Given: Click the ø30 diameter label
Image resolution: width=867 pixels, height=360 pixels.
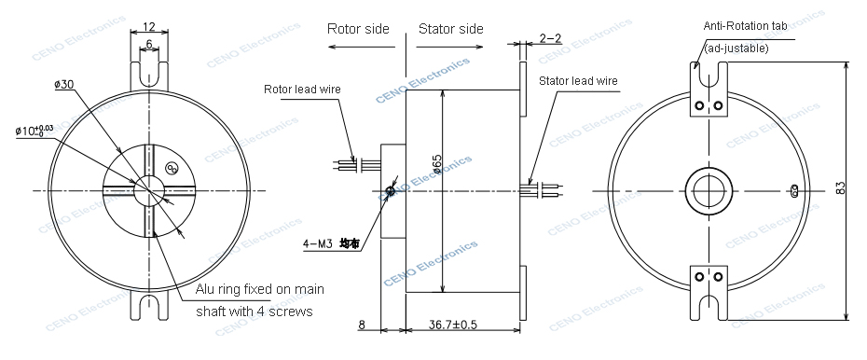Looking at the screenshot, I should coord(64,85).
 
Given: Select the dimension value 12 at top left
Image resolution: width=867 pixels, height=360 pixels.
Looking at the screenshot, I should coord(150,28).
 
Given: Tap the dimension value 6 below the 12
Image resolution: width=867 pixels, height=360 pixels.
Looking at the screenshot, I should coord(150,44).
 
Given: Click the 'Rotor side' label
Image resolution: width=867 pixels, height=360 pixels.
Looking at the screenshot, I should coord(358,29).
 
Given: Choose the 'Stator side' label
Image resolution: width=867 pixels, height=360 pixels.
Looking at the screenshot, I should coord(450,29).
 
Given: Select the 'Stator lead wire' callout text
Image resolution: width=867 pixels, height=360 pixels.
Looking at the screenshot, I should coord(578,81).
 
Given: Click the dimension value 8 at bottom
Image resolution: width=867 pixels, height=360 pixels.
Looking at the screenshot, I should coord(363,325).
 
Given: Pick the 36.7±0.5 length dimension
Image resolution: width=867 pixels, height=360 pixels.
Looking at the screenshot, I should coord(453,325).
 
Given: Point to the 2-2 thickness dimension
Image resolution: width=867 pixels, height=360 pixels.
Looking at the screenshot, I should coord(550,38).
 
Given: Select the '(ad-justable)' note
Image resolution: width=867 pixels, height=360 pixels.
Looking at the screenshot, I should coord(736,47).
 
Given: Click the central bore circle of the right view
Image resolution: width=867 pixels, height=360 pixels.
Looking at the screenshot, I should coord(709,189).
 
